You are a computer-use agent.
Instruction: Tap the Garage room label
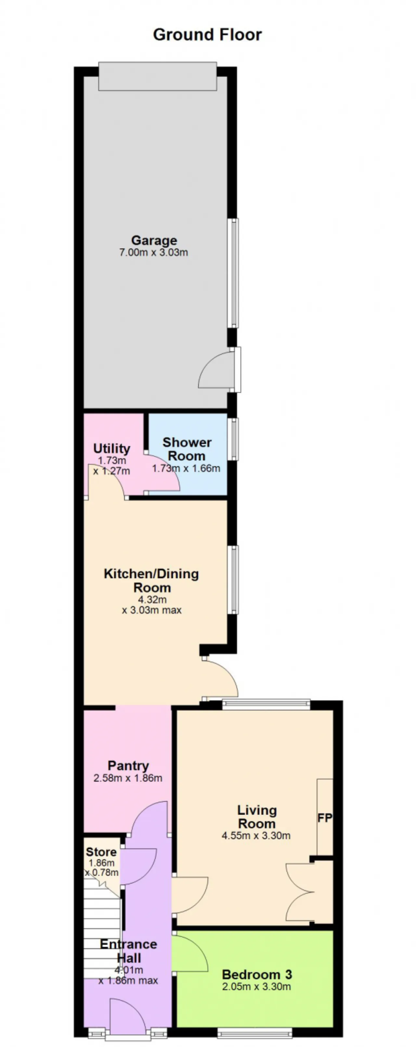click(x=154, y=240)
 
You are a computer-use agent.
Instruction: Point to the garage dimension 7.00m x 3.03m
click(x=153, y=252)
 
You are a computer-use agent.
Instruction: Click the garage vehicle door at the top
click(x=158, y=76)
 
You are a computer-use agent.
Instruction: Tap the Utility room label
click(x=112, y=448)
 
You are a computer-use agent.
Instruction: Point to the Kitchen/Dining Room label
click(x=151, y=581)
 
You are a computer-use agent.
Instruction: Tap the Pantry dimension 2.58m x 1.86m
click(x=128, y=778)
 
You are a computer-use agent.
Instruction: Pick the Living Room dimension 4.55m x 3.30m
click(x=256, y=835)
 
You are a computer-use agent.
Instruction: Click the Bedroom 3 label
click(x=257, y=974)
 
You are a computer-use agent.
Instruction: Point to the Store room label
click(x=101, y=852)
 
